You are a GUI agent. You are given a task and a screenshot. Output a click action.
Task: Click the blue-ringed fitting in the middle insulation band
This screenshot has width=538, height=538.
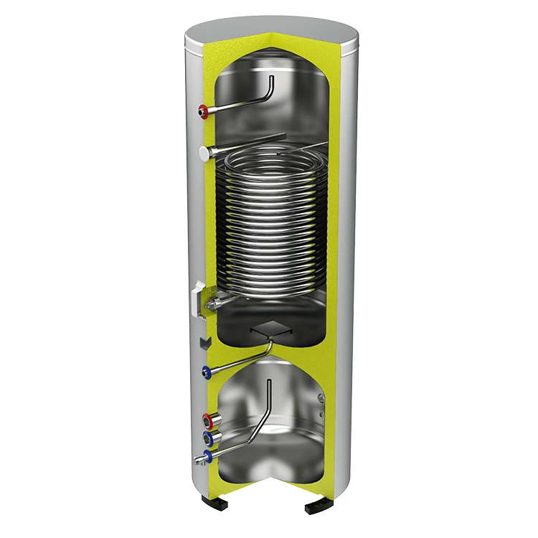pyautogui.click(x=207, y=371)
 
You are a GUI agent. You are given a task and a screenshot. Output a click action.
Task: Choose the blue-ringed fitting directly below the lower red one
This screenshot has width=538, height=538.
pyautogui.click(x=209, y=437)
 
